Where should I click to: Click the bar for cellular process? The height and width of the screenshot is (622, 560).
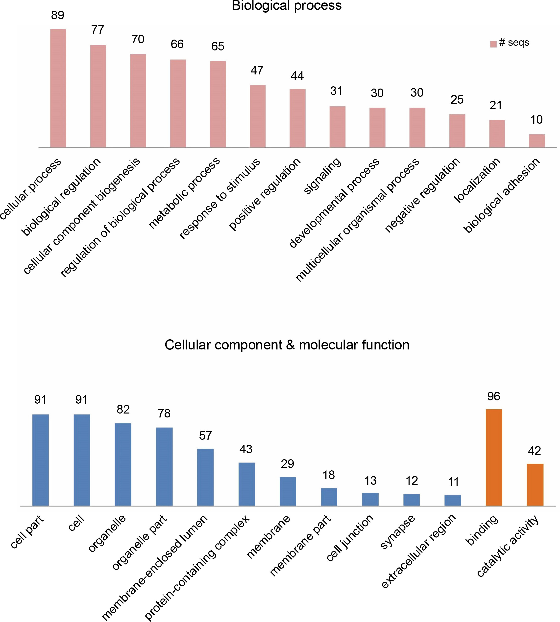[x=58, y=88]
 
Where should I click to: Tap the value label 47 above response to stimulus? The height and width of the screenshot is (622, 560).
[x=257, y=70]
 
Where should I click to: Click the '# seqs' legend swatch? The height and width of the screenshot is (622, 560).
[x=493, y=44]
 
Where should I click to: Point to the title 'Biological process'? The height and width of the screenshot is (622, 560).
[x=287, y=5]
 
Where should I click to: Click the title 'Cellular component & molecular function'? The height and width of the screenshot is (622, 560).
[x=287, y=345]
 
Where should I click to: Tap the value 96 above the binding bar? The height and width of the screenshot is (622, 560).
[x=493, y=396]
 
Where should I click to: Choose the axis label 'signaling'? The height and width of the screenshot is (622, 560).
[x=322, y=176]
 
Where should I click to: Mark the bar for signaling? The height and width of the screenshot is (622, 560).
[x=338, y=127]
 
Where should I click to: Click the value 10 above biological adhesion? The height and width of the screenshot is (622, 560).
[x=536, y=120]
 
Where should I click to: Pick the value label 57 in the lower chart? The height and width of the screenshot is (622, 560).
[x=205, y=436]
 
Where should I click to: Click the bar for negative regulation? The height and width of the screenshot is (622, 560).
[x=457, y=131]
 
